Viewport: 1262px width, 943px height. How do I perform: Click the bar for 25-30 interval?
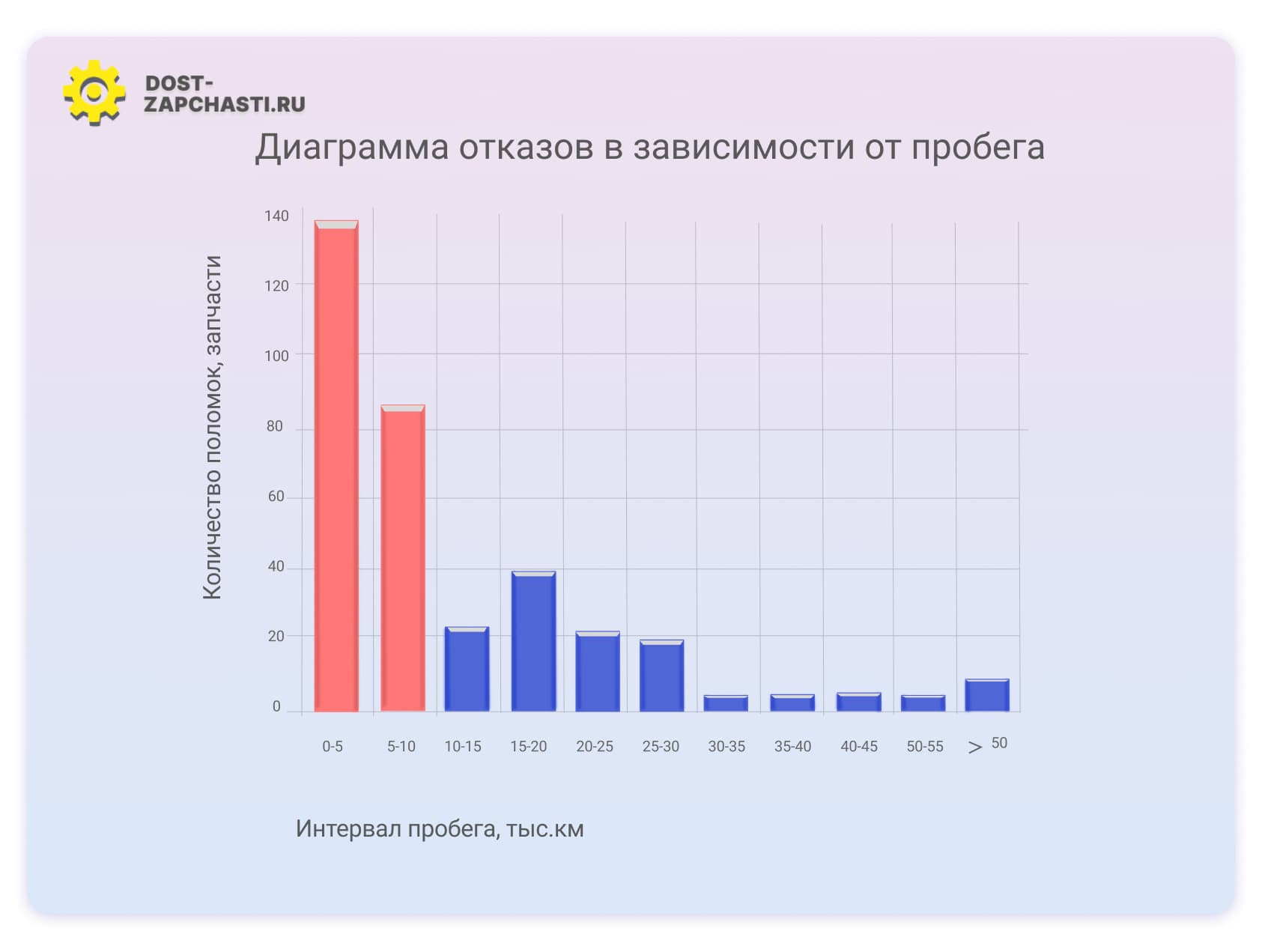[x=661, y=676]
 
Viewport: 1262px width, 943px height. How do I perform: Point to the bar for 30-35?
[x=726, y=703]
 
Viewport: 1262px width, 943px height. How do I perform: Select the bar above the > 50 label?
[x=986, y=695]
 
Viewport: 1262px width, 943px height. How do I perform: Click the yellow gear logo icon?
[x=94, y=92]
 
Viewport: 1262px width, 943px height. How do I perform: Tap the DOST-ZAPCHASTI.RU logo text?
[x=224, y=94]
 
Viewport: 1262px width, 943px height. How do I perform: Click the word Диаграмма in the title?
[x=351, y=148]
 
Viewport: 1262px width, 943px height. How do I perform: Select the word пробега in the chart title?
[x=977, y=148]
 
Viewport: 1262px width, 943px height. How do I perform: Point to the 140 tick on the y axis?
[x=276, y=216]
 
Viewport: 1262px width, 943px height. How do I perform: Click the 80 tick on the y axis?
[x=275, y=426]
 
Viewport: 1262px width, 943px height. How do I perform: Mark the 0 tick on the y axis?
[x=276, y=706]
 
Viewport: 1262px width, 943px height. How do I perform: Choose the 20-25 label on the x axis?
[x=595, y=746]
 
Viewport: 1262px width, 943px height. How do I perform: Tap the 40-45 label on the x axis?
[x=858, y=746]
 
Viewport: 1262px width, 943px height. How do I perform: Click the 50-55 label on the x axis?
[x=925, y=746]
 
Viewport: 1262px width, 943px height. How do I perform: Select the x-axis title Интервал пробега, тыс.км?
[x=440, y=829]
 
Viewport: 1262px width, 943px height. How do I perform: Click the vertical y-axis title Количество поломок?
[x=213, y=427]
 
